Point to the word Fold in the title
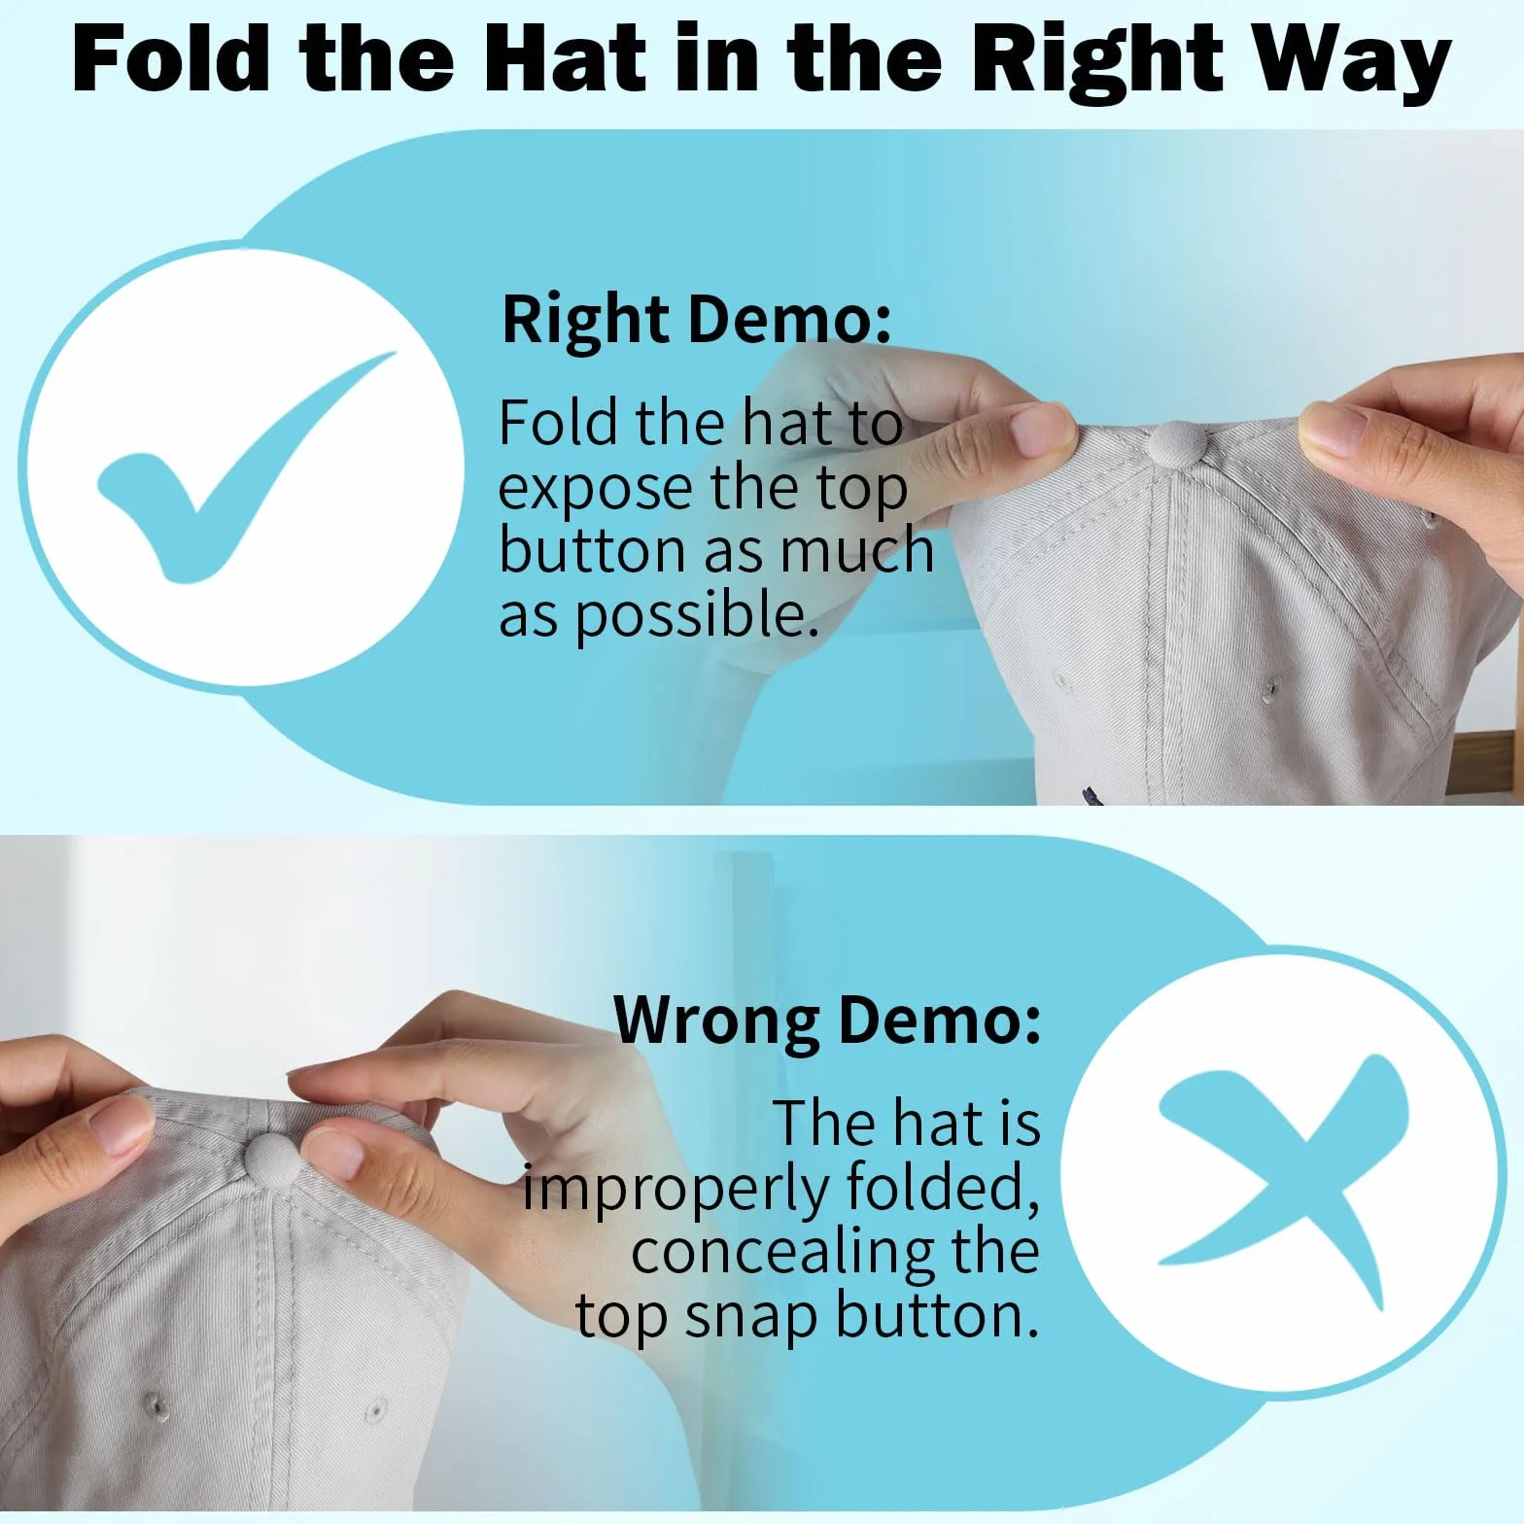pyautogui.click(x=170, y=59)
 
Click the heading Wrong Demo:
pyautogui.click(x=827, y=1022)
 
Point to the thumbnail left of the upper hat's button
pyautogui.click(x=1038, y=429)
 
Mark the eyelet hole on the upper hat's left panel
pyautogui.click(x=1060, y=678)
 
